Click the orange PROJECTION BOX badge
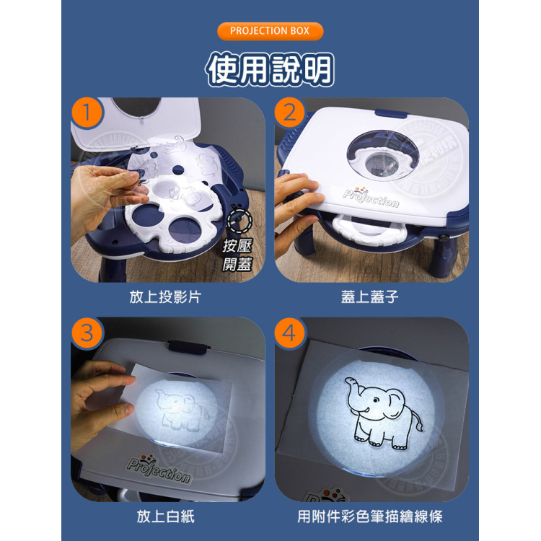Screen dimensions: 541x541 coord(270,31)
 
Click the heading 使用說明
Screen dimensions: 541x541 coord(270,70)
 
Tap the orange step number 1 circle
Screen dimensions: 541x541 coord(87,113)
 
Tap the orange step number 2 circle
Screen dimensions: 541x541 coord(290,113)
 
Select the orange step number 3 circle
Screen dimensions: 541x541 coord(87,333)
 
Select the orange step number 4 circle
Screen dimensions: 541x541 coord(290,333)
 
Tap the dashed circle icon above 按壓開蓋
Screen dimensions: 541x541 coord(237,221)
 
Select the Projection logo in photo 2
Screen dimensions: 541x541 coord(371,197)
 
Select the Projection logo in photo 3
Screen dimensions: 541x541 coord(158,469)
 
